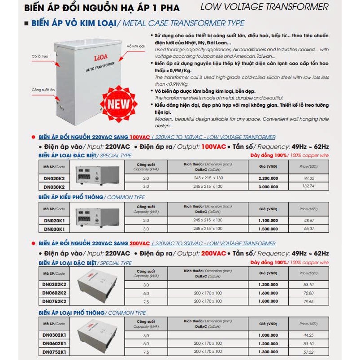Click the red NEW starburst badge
pyautogui.click(x=117, y=103)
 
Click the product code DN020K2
pyautogui.click(x=54, y=178)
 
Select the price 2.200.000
pyautogui.click(x=268, y=178)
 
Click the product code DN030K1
pyautogui.click(x=54, y=229)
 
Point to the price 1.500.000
pyautogui.click(x=268, y=229)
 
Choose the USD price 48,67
pyautogui.click(x=309, y=221)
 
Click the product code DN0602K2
pyautogui.click(x=55, y=293)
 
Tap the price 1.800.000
pyautogui.click(x=268, y=301)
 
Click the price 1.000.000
pyautogui.click(x=268, y=335)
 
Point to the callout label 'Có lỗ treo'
pyautogui.click(x=40, y=57)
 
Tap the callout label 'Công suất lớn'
pyautogui.click(x=43, y=90)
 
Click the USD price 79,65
pyautogui.click(x=309, y=301)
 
